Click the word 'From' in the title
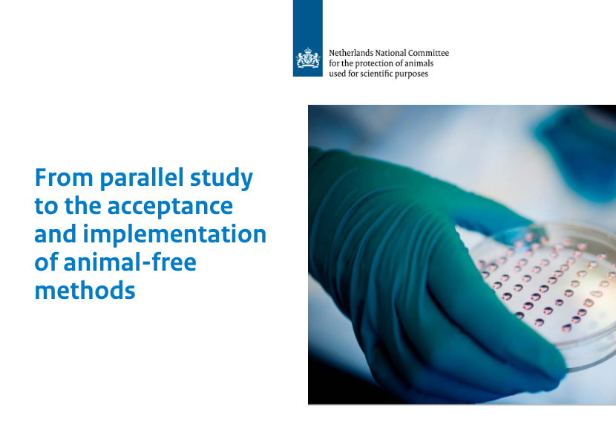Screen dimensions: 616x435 pos(64,178)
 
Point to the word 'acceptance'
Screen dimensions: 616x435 pos(170,207)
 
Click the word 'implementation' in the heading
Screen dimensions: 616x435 pos(174,235)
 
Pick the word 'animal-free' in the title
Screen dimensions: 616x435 pos(130,262)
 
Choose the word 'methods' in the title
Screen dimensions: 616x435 pos(85,291)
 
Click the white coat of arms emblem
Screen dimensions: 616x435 pos(307,58)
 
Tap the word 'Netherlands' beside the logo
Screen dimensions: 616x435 pos(351,53)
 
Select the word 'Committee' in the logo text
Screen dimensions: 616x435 pos(428,53)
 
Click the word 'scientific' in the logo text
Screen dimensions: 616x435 pos(379,74)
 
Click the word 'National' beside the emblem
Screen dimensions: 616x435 pos(390,53)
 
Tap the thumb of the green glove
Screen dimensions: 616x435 pos(491,215)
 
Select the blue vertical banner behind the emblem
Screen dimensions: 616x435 pos(307,38)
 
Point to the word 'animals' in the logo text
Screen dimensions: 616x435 pos(419,63)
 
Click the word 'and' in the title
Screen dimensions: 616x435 pos(55,233)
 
